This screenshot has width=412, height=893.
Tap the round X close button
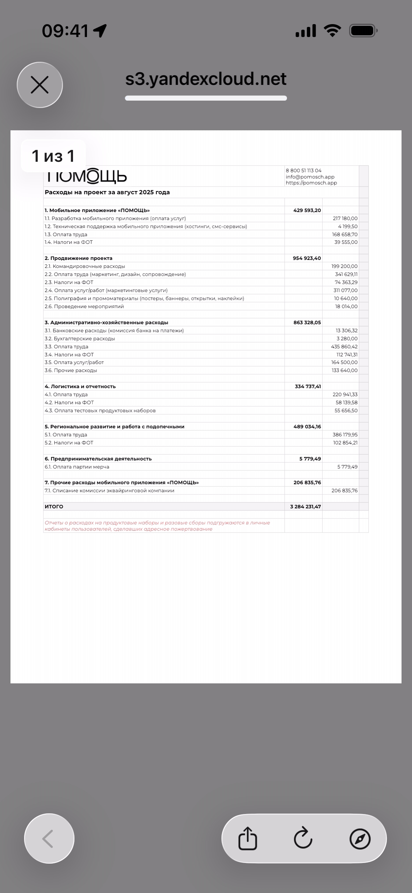[40, 85]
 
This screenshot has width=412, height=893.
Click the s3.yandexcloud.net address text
[206, 79]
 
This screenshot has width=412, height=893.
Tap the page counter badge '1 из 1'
[53, 156]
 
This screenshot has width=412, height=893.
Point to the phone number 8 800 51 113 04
[303, 170]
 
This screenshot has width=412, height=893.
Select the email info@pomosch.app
[310, 177]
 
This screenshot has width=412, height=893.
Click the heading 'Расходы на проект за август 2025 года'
[107, 192]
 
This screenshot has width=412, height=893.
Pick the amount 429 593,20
[307, 210]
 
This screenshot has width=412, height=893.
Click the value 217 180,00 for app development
[345, 218]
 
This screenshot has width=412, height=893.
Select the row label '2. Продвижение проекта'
[79, 258]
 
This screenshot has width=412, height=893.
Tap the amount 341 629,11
[346, 274]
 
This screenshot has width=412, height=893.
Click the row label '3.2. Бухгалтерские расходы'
[80, 339]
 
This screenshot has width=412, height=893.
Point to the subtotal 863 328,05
[307, 322]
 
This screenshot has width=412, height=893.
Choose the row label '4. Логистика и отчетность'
[80, 386]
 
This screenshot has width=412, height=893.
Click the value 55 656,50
[346, 411]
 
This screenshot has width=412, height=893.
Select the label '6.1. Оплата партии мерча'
[77, 467]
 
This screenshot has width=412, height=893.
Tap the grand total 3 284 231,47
[305, 507]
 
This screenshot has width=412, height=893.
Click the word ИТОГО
[54, 507]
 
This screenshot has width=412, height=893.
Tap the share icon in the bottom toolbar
[248, 838]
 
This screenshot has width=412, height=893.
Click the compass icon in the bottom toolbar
[360, 838]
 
